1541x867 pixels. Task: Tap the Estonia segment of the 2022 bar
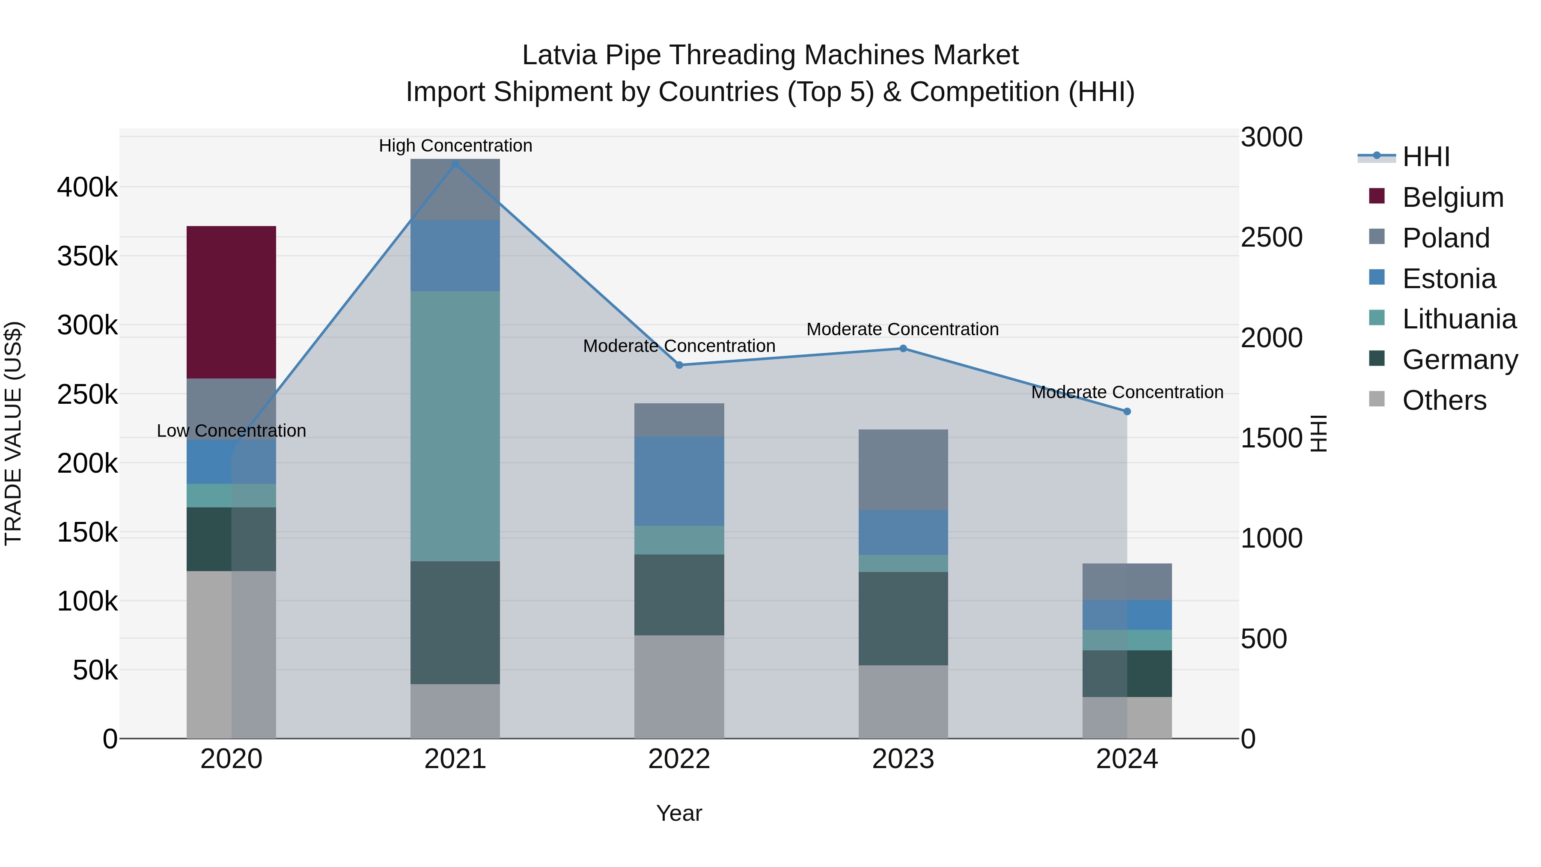(679, 481)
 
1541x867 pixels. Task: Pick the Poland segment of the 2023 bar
(903, 470)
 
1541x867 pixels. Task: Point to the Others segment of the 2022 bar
(679, 686)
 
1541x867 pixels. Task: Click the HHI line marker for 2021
(455, 164)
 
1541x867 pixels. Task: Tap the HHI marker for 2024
(1127, 411)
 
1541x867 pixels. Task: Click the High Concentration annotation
(455, 146)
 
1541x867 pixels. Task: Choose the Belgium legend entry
(1452, 197)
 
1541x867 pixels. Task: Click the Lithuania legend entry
(1458, 319)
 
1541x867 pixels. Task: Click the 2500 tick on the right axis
(1271, 238)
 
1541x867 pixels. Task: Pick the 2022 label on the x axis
(679, 759)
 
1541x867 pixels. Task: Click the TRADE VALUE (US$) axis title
(13, 433)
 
